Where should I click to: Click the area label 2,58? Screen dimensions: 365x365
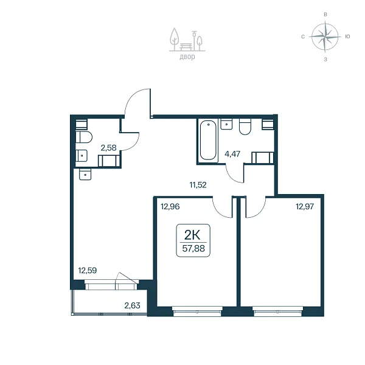coord(108,148)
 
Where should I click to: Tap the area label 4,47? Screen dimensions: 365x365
coord(232,154)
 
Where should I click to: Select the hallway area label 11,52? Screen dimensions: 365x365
coord(198,185)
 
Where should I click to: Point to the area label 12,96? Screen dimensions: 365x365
coord(170,206)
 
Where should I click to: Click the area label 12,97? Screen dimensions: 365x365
coord(305,206)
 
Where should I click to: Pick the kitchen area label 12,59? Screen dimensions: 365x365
coord(87,271)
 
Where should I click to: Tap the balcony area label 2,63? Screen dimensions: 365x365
coord(132,305)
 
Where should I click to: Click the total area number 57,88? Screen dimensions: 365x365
coord(193,249)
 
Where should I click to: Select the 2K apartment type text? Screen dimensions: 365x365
coord(192,235)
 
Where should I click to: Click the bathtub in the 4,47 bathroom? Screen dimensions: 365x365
coord(208,140)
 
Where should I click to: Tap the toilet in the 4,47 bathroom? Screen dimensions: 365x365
coord(245,127)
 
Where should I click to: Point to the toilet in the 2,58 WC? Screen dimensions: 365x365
coord(84,137)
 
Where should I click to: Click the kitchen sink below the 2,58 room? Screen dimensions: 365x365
coord(85,175)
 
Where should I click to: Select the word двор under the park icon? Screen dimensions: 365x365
coord(187,57)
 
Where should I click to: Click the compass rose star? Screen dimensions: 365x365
coord(325,36)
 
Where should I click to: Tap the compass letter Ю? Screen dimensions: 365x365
coord(347,36)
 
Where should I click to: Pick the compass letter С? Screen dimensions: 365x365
coord(303,36)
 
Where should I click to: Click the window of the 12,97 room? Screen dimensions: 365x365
coord(278,311)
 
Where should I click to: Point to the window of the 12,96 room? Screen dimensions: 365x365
coord(197,311)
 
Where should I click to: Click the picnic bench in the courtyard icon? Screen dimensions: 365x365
coord(186,47)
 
